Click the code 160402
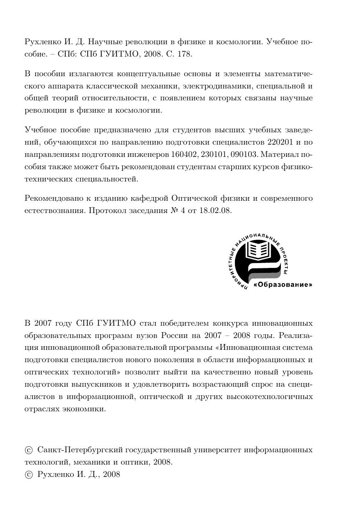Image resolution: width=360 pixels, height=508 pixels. pos(184,155)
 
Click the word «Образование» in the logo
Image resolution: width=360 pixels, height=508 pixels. pos(283,284)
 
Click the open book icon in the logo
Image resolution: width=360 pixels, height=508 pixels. pos(259,249)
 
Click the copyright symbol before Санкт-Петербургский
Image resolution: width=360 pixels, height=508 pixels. pos(29,450)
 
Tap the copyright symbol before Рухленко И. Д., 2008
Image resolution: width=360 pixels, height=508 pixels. pos(29,475)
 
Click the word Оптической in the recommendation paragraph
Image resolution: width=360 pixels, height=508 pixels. pos(192,198)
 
